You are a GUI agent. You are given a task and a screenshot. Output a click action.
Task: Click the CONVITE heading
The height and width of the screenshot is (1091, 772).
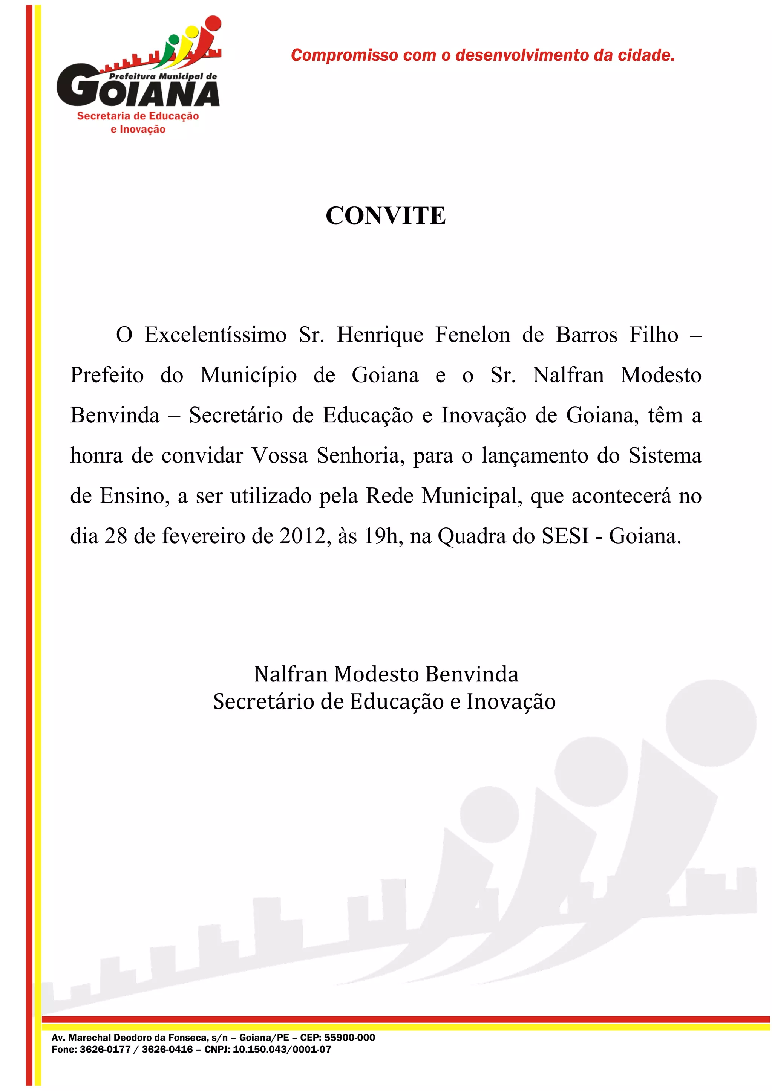(386, 216)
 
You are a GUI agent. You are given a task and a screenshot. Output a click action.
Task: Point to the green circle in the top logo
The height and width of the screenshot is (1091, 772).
(174, 39)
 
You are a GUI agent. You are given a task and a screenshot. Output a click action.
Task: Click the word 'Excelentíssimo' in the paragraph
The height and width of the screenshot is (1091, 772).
(215, 335)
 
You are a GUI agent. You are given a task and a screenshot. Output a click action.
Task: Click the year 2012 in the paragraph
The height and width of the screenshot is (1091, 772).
(302, 536)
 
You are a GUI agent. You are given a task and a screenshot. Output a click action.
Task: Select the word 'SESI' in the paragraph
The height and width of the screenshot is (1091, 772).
(565, 536)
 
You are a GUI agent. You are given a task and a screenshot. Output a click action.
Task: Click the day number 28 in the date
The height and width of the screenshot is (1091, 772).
(116, 536)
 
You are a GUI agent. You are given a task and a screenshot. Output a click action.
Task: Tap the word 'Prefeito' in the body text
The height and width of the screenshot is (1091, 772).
(107, 375)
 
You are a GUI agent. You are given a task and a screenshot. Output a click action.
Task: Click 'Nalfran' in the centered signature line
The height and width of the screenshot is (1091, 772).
(291, 674)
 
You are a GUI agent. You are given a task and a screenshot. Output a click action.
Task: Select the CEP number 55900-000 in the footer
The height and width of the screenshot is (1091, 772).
(349, 1037)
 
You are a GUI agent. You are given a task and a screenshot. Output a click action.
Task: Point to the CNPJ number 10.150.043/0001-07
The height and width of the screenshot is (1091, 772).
(282, 1049)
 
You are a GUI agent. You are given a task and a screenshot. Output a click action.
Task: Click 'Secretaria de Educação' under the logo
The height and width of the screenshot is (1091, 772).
(138, 116)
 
